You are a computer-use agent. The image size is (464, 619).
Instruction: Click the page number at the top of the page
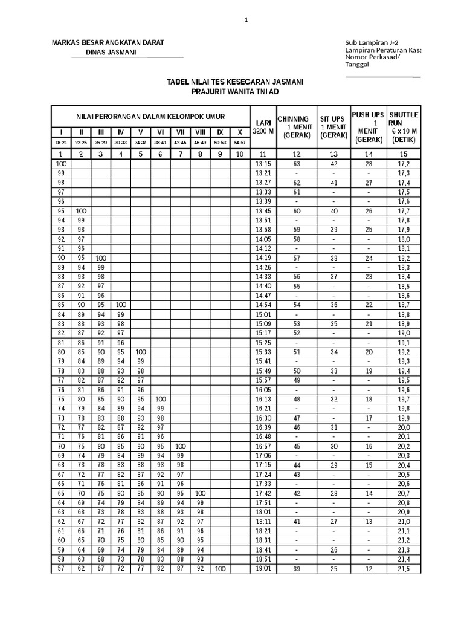coord(246,21)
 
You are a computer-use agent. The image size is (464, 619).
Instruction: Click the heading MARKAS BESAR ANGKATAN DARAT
coord(108,42)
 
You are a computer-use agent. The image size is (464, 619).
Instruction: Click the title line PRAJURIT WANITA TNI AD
coord(236,91)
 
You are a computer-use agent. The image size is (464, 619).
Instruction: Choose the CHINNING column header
coord(293,118)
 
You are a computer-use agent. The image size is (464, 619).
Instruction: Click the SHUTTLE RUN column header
coord(404,118)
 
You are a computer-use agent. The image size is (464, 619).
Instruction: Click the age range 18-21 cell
coord(61,143)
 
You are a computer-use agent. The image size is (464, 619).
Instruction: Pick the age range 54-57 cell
coord(240,143)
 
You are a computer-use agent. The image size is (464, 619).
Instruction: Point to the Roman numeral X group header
coord(240,132)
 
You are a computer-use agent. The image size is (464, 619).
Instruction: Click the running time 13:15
coord(263,164)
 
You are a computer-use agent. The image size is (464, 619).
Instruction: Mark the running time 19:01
coord(263,569)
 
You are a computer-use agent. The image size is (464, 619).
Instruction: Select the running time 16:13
coord(263,400)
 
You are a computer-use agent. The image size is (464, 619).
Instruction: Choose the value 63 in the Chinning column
coord(296,164)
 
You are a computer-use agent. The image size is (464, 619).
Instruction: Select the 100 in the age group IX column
coord(220,569)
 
